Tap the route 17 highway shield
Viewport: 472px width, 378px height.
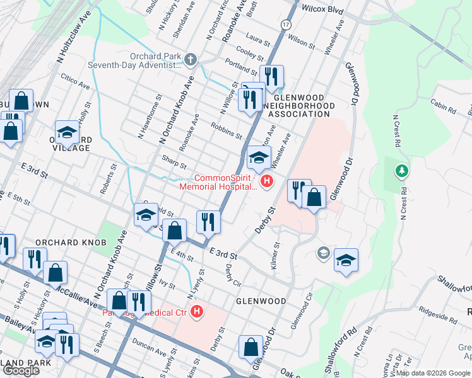(286, 24)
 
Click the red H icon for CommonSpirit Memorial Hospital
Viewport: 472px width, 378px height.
(267, 181)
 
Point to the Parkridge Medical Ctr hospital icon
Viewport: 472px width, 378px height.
(198, 311)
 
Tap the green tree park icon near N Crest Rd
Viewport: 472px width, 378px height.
(401, 171)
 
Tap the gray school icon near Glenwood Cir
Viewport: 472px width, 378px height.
(323, 253)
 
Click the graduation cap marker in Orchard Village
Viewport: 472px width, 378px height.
(67, 133)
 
